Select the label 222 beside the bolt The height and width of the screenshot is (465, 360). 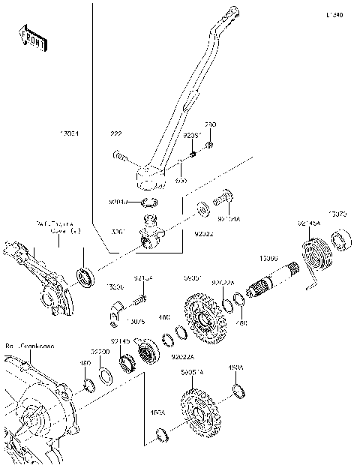pos(115,133)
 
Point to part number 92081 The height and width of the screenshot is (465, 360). pos(193,136)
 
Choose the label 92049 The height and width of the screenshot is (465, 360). pos(118,202)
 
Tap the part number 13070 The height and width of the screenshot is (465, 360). pos(339,214)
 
